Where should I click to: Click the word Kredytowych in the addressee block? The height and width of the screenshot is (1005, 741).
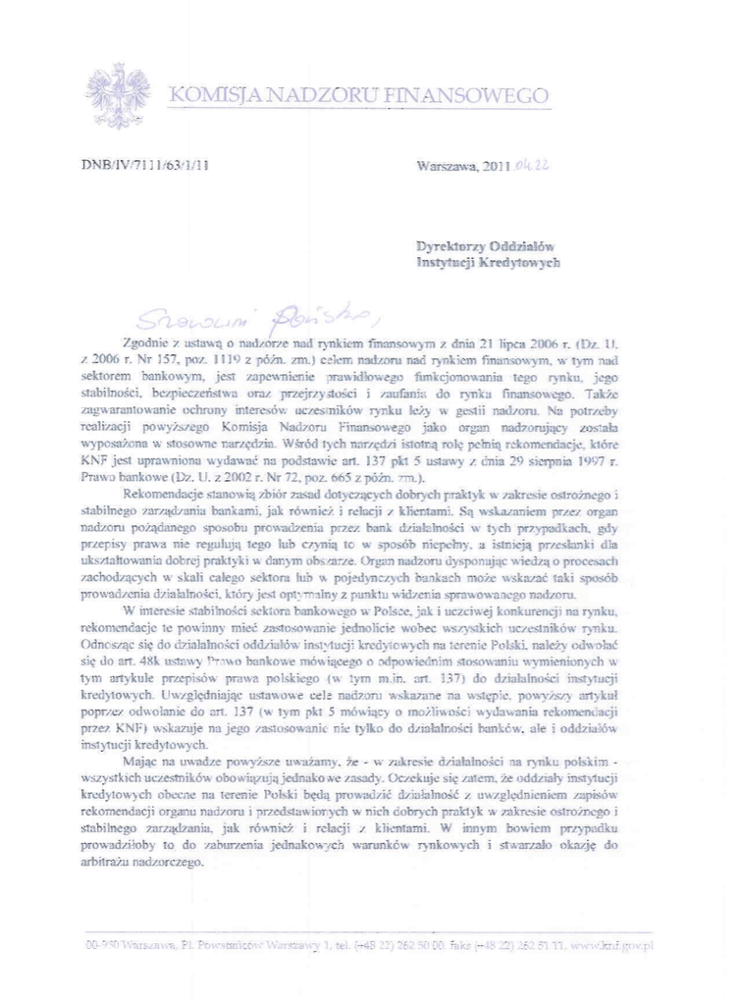pos(522,263)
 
